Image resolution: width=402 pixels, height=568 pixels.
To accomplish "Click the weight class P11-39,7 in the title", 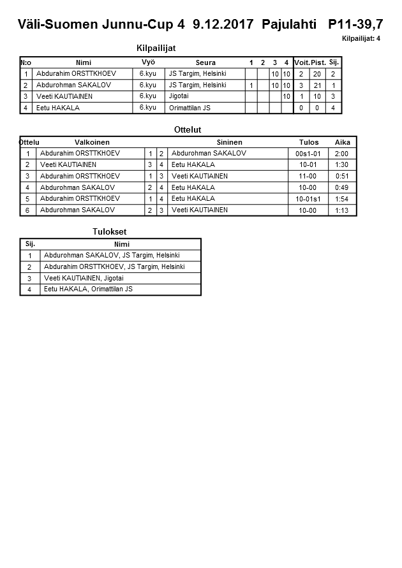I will tap(355, 25).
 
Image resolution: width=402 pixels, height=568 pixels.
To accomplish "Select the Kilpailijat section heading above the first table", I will tap(156, 48).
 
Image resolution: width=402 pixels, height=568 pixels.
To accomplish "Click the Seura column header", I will tap(205, 62).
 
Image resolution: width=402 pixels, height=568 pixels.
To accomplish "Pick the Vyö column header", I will tap(148, 62).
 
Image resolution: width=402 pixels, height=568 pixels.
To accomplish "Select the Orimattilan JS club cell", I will tap(190, 108).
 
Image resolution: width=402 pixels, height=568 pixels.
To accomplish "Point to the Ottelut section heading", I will tap(188, 129).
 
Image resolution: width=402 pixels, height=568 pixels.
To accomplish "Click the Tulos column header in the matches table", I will tap(309, 142).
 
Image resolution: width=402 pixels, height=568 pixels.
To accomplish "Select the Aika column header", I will tap(342, 142).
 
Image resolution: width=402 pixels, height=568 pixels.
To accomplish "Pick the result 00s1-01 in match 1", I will tap(308, 154).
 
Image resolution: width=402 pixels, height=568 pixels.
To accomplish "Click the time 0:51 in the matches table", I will tap(342, 176).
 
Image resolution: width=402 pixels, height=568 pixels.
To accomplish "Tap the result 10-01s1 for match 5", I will tap(308, 199).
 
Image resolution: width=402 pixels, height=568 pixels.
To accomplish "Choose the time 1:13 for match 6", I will tap(342, 210).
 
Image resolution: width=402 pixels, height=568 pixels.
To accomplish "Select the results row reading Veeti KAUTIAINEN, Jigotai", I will tap(84, 279).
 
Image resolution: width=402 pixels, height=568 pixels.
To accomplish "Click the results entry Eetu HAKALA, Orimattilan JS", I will tap(88, 289).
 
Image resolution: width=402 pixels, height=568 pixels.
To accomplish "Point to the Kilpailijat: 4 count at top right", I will tap(361, 39).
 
